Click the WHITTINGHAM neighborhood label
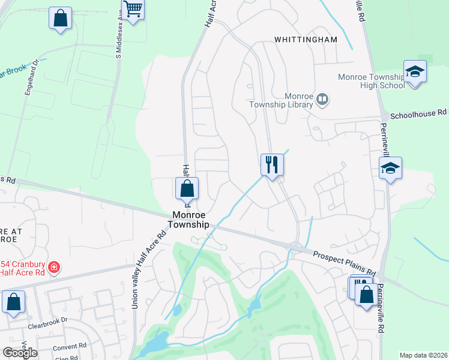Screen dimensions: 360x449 click(x=306, y=40)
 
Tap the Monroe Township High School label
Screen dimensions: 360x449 click(x=371, y=81)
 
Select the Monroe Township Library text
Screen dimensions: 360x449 click(x=282, y=100)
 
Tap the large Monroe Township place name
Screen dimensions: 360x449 click(x=191, y=219)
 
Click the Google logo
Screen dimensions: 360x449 click(x=20, y=353)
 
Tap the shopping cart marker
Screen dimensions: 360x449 click(x=133, y=9)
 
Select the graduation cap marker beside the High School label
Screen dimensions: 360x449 click(x=415, y=73)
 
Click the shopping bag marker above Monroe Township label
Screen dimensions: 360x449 click(x=187, y=188)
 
